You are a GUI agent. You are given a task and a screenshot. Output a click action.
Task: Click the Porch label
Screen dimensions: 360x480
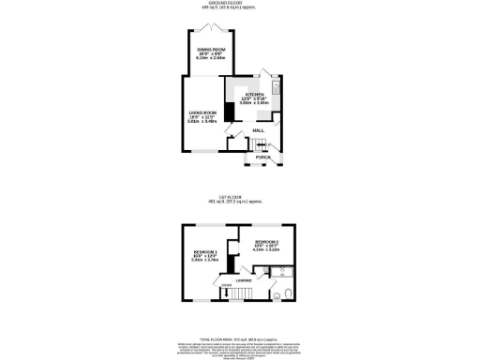point(263,157)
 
